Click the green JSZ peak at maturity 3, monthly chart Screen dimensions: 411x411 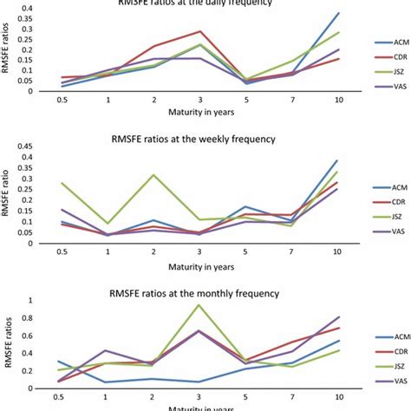[x=199, y=304]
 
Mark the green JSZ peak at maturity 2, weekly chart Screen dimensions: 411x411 [x=153, y=175]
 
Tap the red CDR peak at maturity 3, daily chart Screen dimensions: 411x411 [x=199, y=31]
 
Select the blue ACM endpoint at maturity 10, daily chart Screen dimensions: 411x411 [x=338, y=13]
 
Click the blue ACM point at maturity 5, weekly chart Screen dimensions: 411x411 [x=245, y=207]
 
